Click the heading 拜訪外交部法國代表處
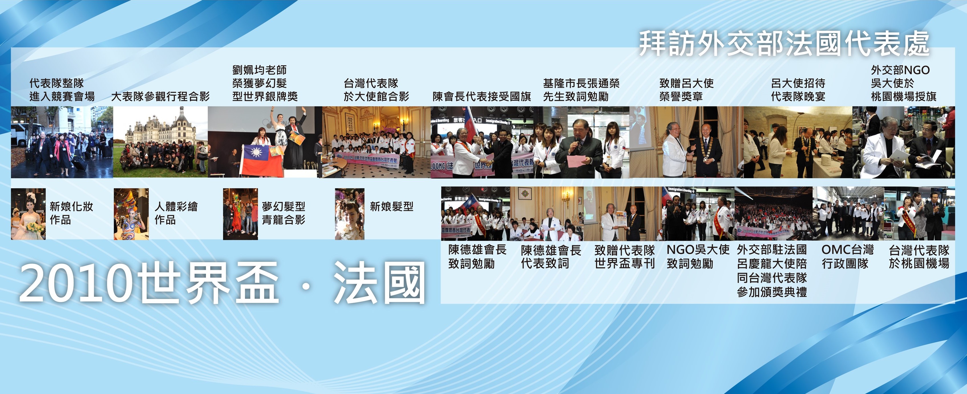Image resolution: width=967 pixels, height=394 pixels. click(784, 44)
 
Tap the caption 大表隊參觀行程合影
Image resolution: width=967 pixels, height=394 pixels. click(160, 96)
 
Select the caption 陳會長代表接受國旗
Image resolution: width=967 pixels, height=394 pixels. click(482, 96)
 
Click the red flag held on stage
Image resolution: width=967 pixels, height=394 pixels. click(262, 160)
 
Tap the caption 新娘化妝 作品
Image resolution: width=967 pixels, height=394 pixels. click(71, 213)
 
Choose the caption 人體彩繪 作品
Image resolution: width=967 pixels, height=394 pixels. click(176, 213)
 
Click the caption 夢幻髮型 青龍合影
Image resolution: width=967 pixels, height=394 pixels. click(284, 213)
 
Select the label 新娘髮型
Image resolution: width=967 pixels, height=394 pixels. click(392, 206)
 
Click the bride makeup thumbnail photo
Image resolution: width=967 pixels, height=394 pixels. click(28, 214)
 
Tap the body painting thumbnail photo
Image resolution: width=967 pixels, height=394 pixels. click(131, 214)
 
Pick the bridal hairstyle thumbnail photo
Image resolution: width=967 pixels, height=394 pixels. click(349, 214)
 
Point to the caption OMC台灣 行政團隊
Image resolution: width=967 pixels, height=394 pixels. click(847, 256)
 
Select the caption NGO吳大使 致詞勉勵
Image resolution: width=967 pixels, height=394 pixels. click(698, 256)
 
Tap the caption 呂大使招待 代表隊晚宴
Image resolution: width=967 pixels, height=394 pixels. click(798, 90)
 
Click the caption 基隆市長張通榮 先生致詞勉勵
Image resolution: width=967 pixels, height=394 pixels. click(581, 90)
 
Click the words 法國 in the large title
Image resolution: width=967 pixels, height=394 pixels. click(379, 282)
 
